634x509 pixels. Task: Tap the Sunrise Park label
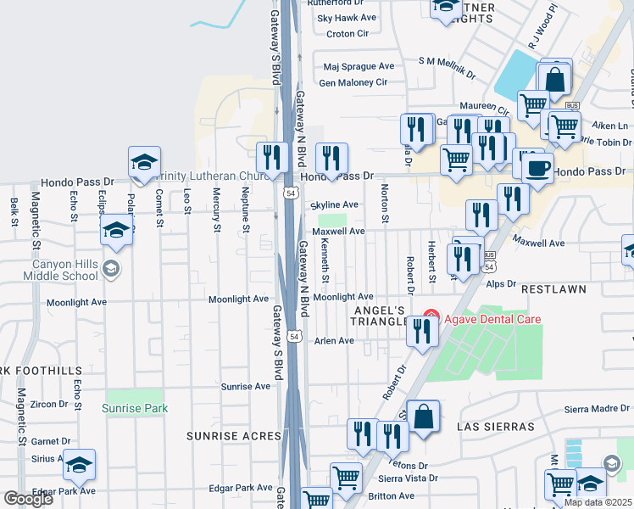point(135,408)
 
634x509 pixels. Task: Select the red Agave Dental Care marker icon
point(431,318)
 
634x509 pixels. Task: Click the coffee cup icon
point(537,167)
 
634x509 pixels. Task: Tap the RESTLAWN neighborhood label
point(553,289)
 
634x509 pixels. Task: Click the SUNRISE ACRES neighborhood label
point(233,436)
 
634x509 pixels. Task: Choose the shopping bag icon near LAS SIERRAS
point(424,417)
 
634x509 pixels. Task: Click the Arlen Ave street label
point(333,340)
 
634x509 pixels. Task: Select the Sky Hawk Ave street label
point(346,17)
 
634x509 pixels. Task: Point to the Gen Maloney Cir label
point(353,82)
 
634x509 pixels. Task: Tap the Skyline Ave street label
point(335,205)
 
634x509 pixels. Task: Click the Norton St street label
point(385,204)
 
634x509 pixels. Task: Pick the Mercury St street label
point(216,212)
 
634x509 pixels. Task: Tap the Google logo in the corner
point(28,499)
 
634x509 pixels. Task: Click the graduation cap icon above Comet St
point(145,161)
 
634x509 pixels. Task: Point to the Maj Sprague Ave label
point(359,66)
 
